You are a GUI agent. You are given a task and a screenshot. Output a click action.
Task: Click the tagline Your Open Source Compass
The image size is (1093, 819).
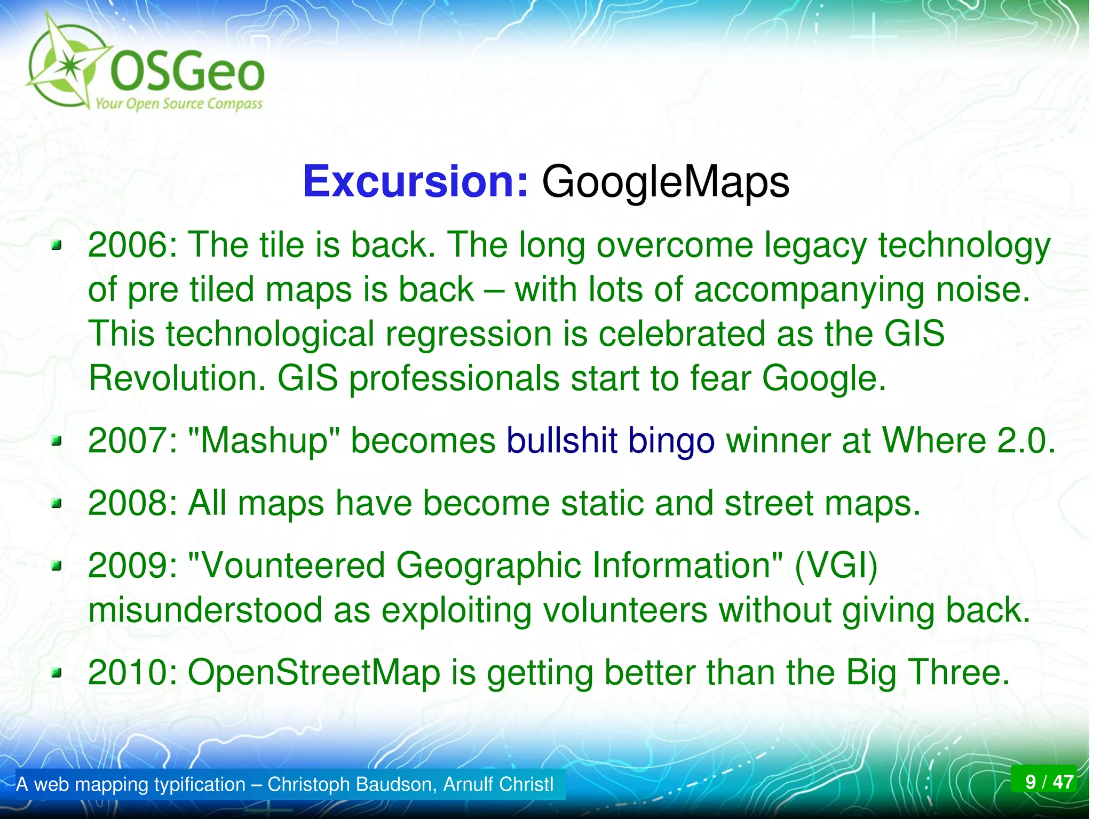pos(179,104)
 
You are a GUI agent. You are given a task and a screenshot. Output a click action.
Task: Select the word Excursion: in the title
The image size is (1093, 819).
pos(415,182)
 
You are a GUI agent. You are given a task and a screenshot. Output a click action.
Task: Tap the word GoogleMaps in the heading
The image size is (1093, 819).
pos(665,182)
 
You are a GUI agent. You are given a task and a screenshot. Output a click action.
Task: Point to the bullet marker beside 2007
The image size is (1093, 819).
pos(57,441)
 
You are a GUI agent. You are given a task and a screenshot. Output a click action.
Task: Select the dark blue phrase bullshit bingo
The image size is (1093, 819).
pos(610,441)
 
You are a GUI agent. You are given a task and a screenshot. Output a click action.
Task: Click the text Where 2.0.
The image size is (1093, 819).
pos(968,441)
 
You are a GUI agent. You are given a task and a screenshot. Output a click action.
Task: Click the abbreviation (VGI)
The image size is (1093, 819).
pos(836,566)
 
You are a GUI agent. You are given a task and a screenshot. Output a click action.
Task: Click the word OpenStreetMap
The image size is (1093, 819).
pos(314,672)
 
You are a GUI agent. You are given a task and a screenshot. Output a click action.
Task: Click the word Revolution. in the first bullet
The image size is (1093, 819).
pos(177,378)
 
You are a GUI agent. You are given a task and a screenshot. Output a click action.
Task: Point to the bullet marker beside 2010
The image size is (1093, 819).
pos(57,673)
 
